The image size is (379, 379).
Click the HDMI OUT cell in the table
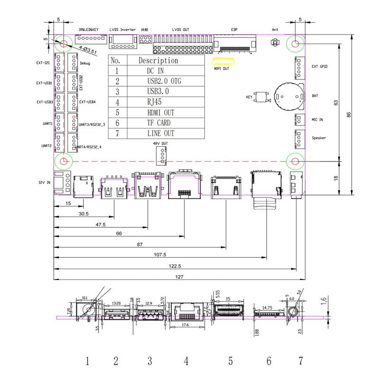click(x=160, y=113)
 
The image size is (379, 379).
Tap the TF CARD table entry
click(x=157, y=123)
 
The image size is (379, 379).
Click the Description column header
click(x=158, y=61)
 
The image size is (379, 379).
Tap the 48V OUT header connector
click(x=161, y=154)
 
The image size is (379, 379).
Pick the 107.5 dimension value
click(x=161, y=254)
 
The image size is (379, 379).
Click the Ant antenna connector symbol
click(x=273, y=43)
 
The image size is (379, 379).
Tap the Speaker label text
click(x=319, y=138)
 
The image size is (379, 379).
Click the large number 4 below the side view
click(x=187, y=361)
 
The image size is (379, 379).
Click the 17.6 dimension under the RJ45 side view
click(x=185, y=325)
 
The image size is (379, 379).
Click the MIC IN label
click(x=317, y=120)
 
